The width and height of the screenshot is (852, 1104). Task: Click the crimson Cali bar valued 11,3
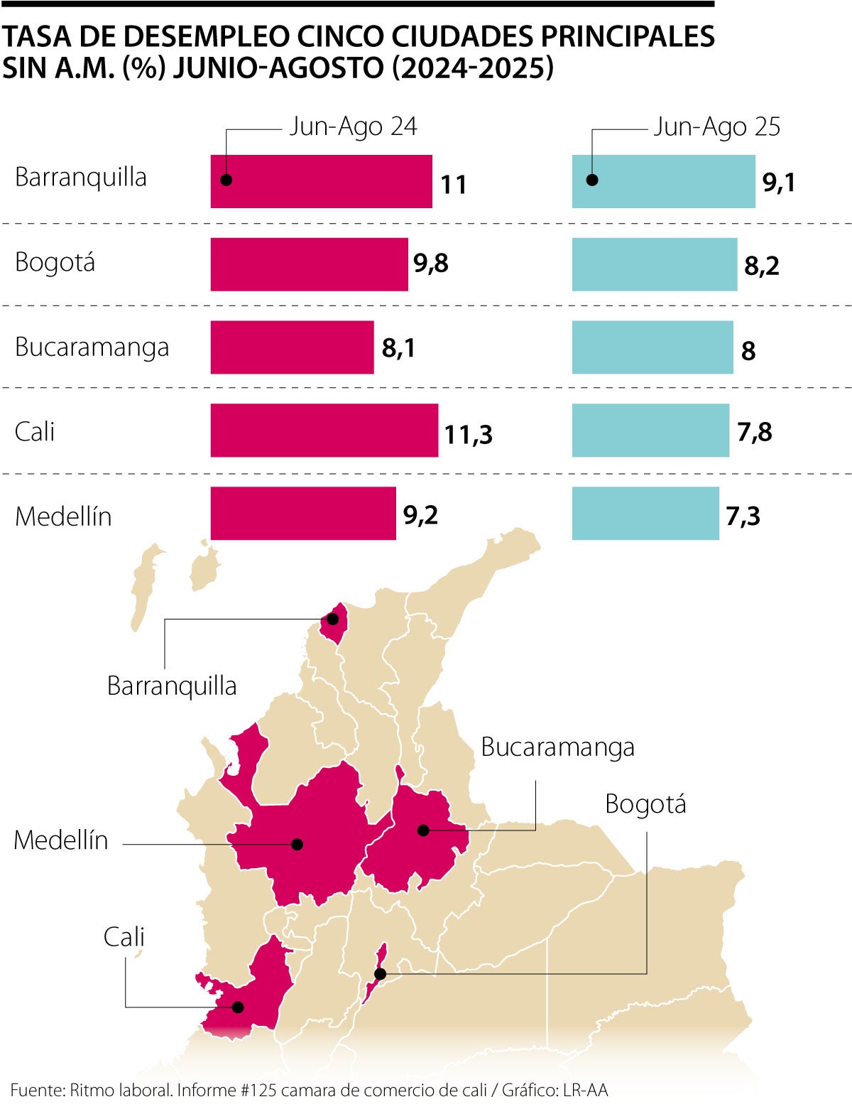point(324,431)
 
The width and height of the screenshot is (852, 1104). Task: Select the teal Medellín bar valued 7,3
point(645,514)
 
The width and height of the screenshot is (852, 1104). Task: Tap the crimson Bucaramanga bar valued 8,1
point(292,347)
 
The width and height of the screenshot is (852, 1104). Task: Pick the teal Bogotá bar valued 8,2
point(655,264)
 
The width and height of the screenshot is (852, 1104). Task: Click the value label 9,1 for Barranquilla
point(779,183)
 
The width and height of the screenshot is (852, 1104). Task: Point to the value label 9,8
point(431,264)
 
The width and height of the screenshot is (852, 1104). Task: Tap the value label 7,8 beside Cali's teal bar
point(755,431)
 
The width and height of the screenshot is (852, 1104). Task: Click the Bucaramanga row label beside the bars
point(92,347)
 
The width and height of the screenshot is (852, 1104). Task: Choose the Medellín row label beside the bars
point(63,516)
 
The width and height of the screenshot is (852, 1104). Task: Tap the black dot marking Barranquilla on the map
point(332,619)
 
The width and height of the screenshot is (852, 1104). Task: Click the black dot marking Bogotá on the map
point(380,973)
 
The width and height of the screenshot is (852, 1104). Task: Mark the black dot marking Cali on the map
point(238,1007)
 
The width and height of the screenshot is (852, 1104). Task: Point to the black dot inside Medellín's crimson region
point(297,844)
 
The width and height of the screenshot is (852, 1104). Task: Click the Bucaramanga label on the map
point(557,747)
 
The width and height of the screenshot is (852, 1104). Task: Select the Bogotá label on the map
point(645,804)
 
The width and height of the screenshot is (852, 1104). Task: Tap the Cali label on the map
point(124,937)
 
